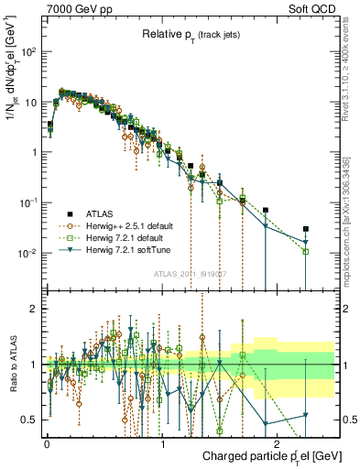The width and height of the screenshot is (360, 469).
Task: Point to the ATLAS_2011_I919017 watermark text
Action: [189, 274]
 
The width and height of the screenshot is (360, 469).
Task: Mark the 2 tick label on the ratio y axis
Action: [34, 309]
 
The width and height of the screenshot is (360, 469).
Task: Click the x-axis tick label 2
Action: [278, 442]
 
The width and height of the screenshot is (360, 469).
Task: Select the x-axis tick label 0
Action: [47, 442]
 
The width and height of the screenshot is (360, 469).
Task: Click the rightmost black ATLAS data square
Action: [306, 229]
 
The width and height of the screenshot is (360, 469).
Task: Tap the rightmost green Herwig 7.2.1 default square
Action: [306, 251]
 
